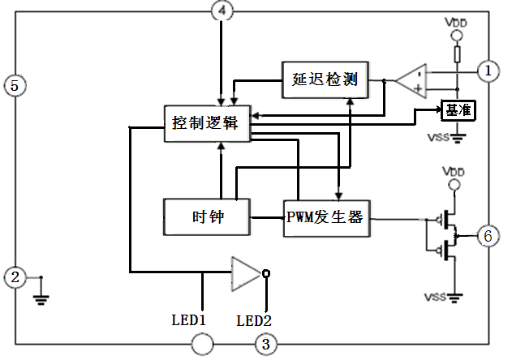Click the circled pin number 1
(488, 71)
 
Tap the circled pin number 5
(13, 84)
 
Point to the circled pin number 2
(14, 277)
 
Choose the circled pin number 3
(265, 345)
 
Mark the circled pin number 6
(488, 238)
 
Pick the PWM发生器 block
(327, 217)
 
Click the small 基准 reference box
(458, 109)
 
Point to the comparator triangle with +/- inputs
(411, 80)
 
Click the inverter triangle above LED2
(244, 273)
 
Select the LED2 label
(254, 319)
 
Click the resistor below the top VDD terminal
(457, 55)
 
